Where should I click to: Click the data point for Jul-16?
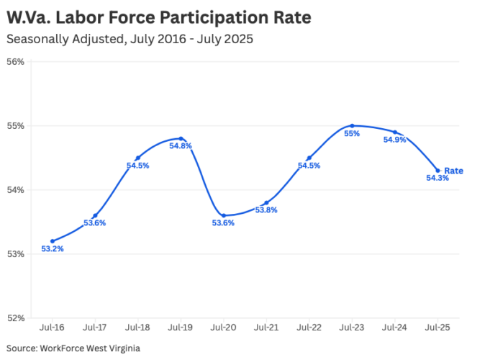point(53,241)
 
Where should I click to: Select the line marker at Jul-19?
point(181,138)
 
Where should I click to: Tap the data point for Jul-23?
point(352,125)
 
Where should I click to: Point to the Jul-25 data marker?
point(437,171)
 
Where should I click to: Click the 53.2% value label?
point(52,250)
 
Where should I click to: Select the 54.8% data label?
point(181,146)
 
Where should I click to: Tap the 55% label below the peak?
point(352,134)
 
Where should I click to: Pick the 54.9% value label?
point(395,140)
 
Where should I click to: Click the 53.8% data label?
point(266,210)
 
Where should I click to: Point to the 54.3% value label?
point(437,179)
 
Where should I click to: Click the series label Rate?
point(453,171)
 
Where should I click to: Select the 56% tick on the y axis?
point(16,62)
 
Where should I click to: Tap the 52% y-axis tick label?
point(16,318)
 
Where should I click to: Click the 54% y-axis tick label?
point(16,190)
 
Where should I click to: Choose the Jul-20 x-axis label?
point(223,328)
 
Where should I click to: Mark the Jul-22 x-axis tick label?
point(309,328)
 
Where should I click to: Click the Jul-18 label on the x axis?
point(137,328)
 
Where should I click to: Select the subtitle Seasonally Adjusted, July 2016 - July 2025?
point(130,39)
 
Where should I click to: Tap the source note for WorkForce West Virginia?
point(73,348)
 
